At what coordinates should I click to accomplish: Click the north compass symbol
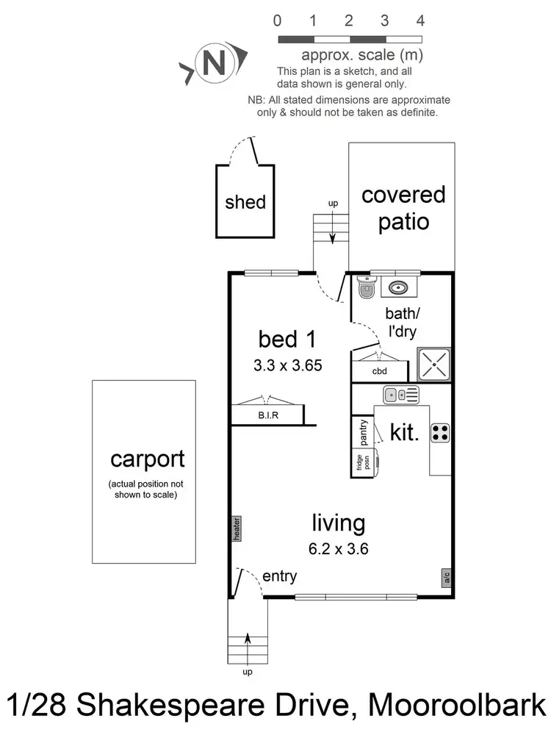(213, 63)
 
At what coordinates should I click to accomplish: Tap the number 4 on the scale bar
(419, 21)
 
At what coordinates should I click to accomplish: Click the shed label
(245, 201)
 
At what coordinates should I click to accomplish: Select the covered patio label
(403, 207)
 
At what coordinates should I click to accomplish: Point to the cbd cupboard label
(379, 371)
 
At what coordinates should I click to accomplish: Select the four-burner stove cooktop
(440, 433)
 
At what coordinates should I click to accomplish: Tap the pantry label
(363, 432)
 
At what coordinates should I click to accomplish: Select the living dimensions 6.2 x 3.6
(339, 548)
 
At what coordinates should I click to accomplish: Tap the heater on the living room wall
(237, 528)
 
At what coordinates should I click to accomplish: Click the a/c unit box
(446, 578)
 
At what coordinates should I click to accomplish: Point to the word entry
(279, 577)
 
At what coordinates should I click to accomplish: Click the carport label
(148, 459)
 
